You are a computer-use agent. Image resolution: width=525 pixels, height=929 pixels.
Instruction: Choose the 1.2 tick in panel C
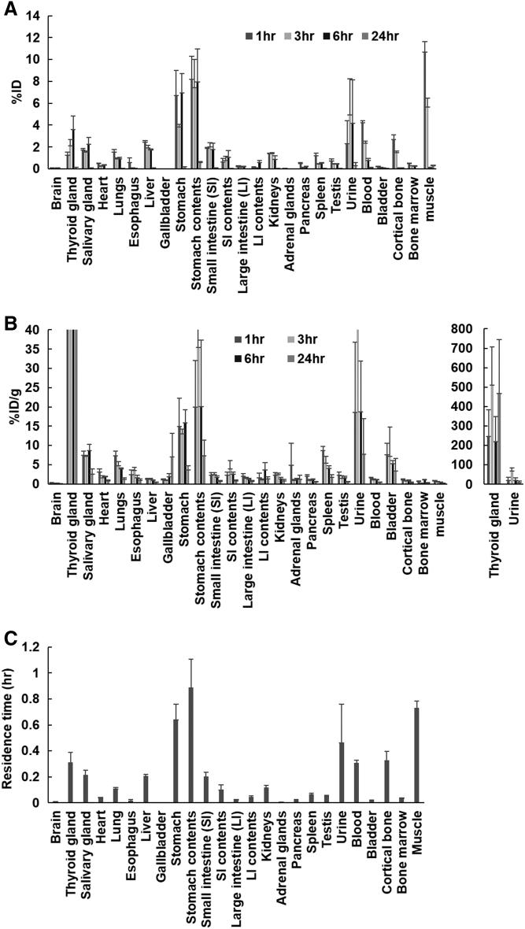pyautogui.click(x=31, y=647)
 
